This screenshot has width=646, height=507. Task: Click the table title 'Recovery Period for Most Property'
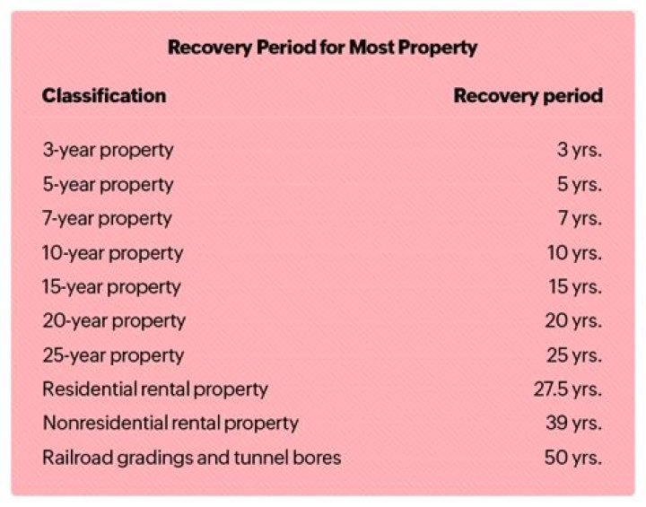coord(322,48)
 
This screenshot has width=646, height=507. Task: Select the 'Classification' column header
coord(103,95)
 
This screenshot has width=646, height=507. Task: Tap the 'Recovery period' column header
coord(528,95)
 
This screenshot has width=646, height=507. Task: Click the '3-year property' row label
coord(108,150)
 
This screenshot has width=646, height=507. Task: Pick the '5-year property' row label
coord(108,184)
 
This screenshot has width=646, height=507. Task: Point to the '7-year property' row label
coord(107,218)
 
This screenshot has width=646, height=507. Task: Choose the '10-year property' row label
coord(112,253)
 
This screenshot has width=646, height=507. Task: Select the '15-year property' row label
coord(111,287)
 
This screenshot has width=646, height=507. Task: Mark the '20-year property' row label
coord(114,320)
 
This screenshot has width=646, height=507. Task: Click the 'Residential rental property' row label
coord(155,389)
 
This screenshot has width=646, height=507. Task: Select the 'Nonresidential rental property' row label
coord(170,423)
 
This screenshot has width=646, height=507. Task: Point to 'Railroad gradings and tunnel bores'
coord(191,458)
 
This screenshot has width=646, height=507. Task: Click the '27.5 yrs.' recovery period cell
coord(567,389)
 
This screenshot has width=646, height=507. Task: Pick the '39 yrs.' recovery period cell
coord(572,423)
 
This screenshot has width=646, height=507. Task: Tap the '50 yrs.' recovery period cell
coord(572,458)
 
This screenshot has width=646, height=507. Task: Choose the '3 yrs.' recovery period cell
coord(579,150)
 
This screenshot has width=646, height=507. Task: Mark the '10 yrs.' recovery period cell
coord(574,253)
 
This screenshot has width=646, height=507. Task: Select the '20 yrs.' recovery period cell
coord(572,320)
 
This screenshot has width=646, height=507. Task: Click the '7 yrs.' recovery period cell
coord(579,218)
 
